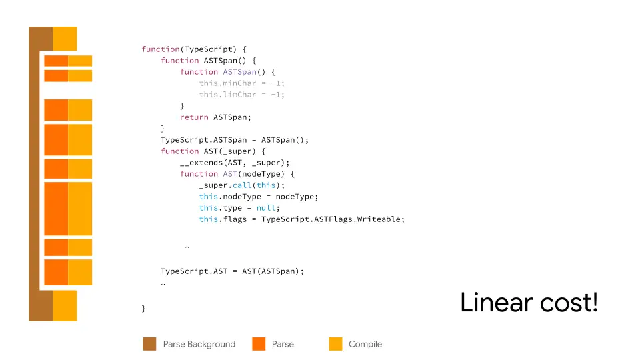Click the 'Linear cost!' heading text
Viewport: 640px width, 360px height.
[x=529, y=303]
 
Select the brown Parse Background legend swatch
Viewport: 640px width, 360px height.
[x=149, y=344]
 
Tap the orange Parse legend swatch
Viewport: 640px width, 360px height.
[x=259, y=344]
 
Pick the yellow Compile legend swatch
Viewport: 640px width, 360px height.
[x=335, y=344]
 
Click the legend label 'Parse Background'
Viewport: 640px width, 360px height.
[x=199, y=344]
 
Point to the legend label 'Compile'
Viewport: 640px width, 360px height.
[x=365, y=344]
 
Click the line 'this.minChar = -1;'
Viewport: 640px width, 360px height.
[x=241, y=83]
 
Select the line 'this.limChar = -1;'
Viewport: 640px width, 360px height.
[x=241, y=95]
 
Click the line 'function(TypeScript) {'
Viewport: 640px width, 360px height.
[x=194, y=49]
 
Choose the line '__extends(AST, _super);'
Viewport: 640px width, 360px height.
[x=235, y=163]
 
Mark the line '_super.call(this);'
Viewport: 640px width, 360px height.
[x=241, y=185]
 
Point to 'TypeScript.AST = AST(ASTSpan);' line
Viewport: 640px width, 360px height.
[x=232, y=271]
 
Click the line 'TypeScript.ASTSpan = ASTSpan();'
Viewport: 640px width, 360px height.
[x=235, y=140]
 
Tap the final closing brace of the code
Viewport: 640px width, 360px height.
[x=143, y=309]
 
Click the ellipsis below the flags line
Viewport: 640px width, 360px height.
[x=187, y=247]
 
